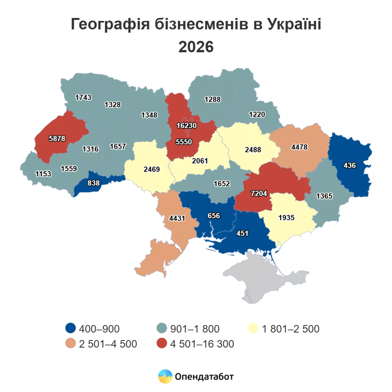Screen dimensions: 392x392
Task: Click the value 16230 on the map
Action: tap(186, 126)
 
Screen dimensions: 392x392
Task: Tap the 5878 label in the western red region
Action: tap(57, 139)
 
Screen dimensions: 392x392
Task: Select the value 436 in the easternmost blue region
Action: tap(349, 165)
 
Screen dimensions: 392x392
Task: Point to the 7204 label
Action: tap(259, 193)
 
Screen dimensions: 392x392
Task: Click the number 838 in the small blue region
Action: tap(94, 183)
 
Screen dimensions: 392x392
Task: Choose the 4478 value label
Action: tap(299, 147)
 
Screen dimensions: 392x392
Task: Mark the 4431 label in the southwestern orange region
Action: tap(177, 218)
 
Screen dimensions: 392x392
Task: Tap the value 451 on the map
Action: tap(242, 233)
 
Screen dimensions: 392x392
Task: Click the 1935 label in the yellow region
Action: tap(286, 218)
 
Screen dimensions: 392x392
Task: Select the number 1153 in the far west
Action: tap(43, 174)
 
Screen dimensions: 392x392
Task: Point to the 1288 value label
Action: tap(212, 100)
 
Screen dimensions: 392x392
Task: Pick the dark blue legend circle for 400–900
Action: tap(71, 328)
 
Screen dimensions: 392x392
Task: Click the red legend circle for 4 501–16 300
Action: tap(162, 343)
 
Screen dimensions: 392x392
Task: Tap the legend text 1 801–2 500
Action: tap(291, 329)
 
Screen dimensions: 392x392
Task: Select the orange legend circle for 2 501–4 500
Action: tap(71, 343)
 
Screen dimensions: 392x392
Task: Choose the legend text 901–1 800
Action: tap(195, 329)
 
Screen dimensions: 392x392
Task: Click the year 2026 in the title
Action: tap(196, 47)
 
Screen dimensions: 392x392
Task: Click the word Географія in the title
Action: tap(110, 24)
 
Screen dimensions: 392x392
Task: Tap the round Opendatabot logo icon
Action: tap(165, 376)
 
